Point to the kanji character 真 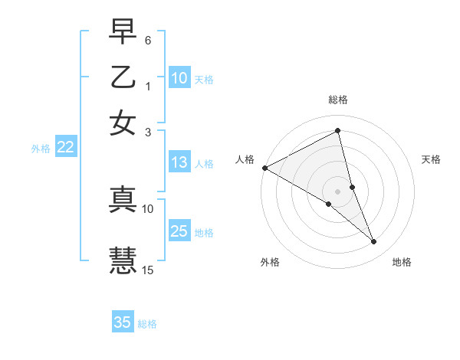click(123, 198)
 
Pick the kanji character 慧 click(123, 259)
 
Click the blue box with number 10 click(179, 78)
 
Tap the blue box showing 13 click(179, 162)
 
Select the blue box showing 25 click(179, 232)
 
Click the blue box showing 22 click(65, 148)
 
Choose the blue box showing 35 click(123, 322)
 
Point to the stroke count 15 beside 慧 click(148, 270)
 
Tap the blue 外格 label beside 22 click(41, 149)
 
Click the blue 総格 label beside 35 click(147, 324)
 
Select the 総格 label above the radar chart click(338, 100)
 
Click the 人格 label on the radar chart click(245, 159)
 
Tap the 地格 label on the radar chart click(402, 262)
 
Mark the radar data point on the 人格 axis click(264, 168)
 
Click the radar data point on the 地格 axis click(374, 242)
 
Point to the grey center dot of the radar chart click(338, 191)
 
